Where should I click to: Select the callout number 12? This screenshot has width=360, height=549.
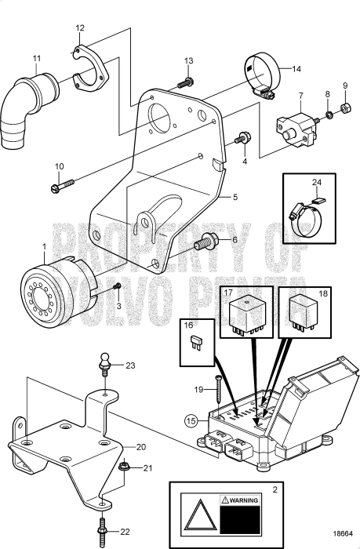pos(79,27)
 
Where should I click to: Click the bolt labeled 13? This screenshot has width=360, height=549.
pos(186,82)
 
